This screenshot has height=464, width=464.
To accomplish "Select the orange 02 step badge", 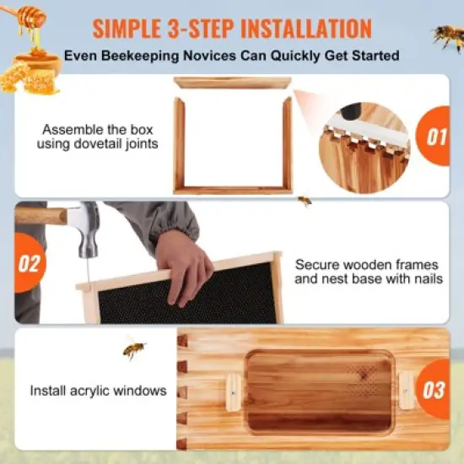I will (x=28, y=262).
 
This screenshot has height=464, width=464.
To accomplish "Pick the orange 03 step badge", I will (x=434, y=390).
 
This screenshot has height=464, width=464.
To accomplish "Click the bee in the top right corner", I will (x=448, y=35).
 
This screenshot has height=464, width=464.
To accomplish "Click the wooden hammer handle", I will (x=40, y=216).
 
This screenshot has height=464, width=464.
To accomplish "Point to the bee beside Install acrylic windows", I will (x=133, y=348).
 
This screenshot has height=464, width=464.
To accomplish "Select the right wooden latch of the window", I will (x=407, y=390).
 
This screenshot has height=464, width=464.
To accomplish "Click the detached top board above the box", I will (x=232, y=83).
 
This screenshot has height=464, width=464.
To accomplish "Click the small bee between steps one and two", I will (x=305, y=201).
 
